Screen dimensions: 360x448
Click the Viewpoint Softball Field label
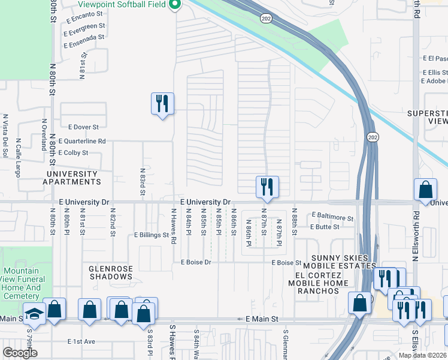point(122,4)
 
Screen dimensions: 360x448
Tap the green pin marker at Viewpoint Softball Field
point(175,5)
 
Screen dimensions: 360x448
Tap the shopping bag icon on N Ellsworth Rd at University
point(425,191)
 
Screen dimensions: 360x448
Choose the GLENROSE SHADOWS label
point(110,273)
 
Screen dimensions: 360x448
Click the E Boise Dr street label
point(196,262)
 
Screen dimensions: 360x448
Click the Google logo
point(20,352)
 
